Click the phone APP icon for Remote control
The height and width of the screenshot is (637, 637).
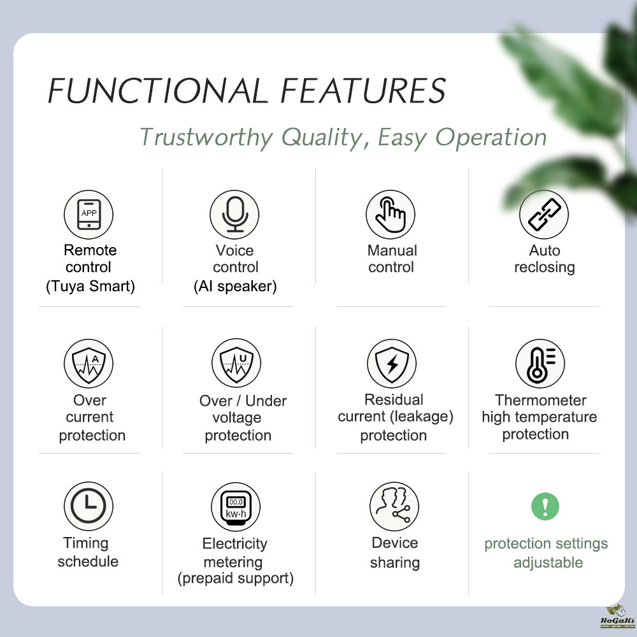point(89,215)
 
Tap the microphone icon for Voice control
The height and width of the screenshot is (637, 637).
point(235,215)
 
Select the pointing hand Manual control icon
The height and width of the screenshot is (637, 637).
point(390,215)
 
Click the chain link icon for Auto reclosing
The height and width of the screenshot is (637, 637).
point(543,215)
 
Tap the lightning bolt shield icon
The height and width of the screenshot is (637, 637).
point(392,364)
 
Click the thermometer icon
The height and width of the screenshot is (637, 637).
point(540,364)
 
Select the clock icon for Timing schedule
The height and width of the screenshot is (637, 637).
point(88,507)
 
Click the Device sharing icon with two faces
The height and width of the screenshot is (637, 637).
point(394,507)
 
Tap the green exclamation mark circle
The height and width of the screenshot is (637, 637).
point(545,507)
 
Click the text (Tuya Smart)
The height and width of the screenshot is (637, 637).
point(90,286)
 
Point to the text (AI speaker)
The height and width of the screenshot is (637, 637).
point(235,286)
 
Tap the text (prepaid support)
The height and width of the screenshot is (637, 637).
point(236,578)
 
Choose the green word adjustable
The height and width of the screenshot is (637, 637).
point(548,562)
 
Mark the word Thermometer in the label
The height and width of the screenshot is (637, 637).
point(540,400)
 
